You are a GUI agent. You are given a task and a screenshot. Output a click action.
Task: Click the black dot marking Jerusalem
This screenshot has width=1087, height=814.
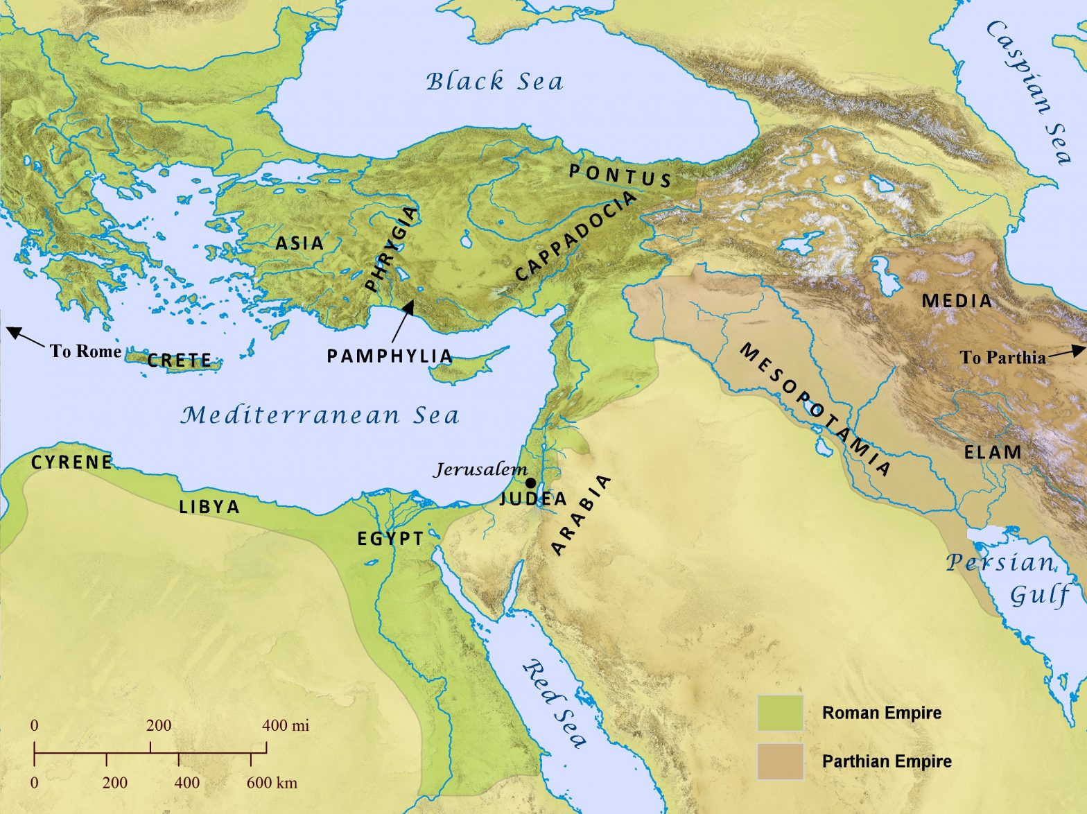(x=530, y=483)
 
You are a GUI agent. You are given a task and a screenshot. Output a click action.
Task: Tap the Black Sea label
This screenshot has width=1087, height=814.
(x=494, y=82)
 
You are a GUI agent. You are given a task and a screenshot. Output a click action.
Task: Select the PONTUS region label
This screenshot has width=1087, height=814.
(x=620, y=175)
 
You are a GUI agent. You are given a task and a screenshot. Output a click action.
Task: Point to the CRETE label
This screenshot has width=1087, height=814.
(x=180, y=361)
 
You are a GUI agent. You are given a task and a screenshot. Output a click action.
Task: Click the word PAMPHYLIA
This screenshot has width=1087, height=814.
(x=390, y=356)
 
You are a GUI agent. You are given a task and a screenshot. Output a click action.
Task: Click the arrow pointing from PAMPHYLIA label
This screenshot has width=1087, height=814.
(x=403, y=320)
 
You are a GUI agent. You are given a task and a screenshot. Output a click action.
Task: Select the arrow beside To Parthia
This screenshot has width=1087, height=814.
(x=1066, y=352)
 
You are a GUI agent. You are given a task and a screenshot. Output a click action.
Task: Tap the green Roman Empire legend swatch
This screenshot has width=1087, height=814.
(x=780, y=713)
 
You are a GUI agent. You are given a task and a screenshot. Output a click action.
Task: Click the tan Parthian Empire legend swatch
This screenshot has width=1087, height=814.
(x=780, y=761)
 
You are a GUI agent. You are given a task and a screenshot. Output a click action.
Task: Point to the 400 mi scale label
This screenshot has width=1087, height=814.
(x=286, y=726)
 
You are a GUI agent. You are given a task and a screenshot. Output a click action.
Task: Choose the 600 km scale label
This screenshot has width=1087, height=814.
(x=272, y=783)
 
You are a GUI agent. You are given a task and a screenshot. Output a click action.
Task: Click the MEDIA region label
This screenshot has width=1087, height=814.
(x=957, y=301)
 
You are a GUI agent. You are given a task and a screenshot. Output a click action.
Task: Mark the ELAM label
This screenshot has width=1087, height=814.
(x=993, y=453)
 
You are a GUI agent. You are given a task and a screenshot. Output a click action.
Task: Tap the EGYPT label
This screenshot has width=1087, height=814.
(x=390, y=539)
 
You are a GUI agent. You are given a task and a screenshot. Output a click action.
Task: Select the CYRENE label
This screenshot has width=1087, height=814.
(x=71, y=462)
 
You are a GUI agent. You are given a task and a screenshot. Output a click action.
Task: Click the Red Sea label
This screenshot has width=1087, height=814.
(x=555, y=704)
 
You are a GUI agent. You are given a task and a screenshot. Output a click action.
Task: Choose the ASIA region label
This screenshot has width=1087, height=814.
(x=299, y=243)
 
